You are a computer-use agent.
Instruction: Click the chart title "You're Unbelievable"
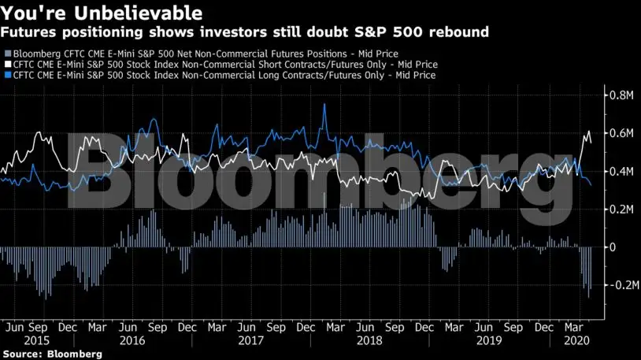click(102, 13)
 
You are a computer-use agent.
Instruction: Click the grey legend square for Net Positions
click(6, 53)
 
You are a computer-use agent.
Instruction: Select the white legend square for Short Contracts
click(6, 64)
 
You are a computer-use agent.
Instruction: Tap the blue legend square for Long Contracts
click(6, 75)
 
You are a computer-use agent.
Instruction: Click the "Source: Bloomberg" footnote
click(52, 354)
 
